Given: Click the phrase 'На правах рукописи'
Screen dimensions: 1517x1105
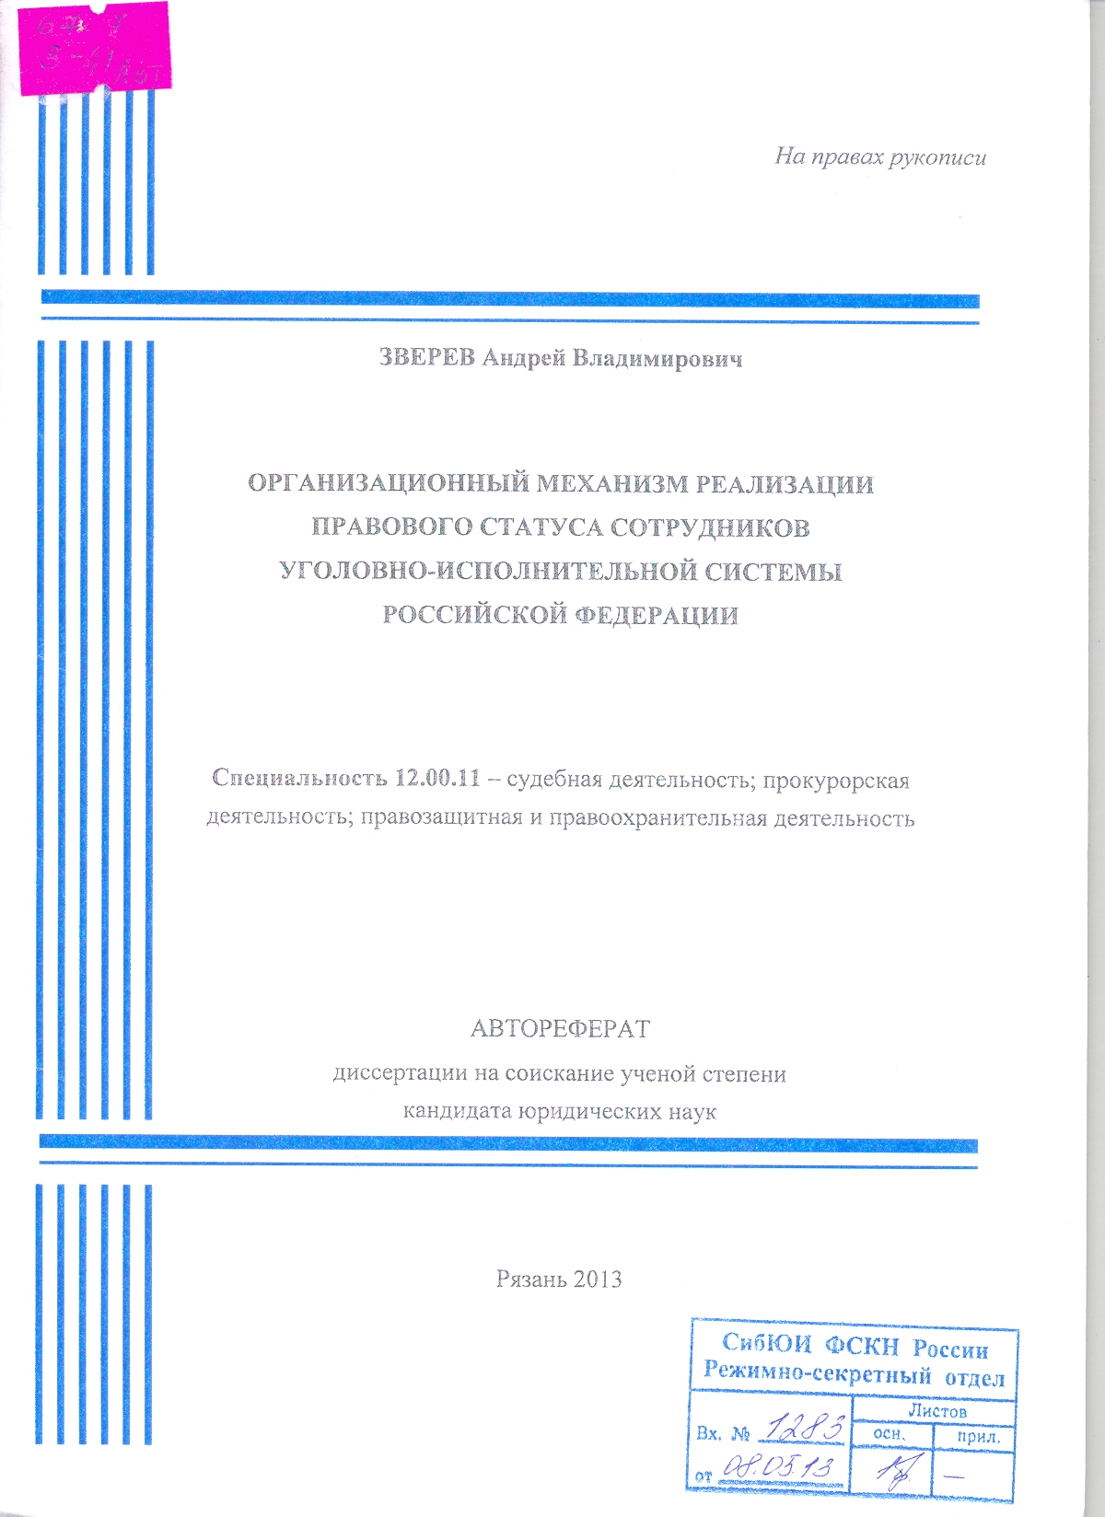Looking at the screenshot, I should point(879,157).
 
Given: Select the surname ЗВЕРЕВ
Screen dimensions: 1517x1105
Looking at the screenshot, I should point(427,358).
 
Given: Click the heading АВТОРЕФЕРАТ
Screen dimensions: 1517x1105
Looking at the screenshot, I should point(560,1028).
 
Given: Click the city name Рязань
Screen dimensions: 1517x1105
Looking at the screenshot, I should point(529,1279).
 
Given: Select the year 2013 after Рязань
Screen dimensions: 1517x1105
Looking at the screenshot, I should point(597,1279).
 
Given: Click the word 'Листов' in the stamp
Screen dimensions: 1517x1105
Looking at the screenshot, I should point(937,1410).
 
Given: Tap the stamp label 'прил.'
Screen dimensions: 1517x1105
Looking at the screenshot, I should point(972,1436).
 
